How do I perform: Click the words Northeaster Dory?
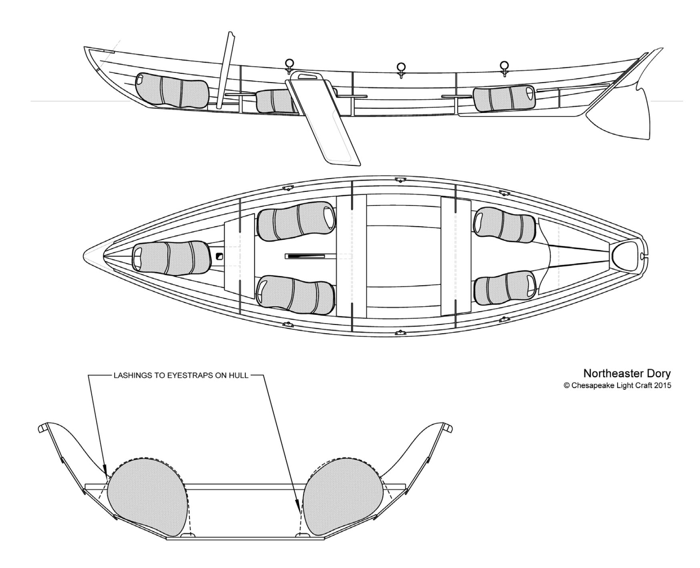tap(627, 373)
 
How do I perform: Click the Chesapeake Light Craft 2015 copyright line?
tap(617, 385)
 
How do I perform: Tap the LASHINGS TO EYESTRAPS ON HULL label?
tap(181, 376)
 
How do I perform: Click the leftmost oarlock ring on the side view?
tap(289, 64)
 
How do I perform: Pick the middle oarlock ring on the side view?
tap(400, 67)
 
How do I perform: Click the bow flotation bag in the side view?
tap(172, 91)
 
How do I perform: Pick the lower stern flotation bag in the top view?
tap(505, 289)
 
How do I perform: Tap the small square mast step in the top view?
tap(219, 256)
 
